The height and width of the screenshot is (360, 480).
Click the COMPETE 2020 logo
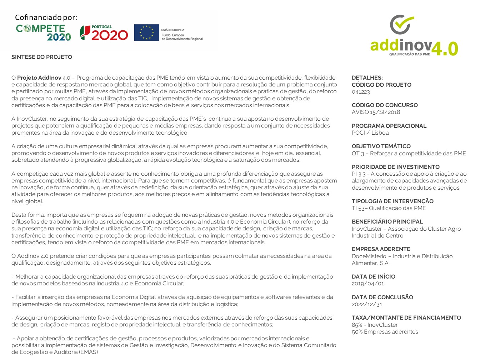pos(43,33)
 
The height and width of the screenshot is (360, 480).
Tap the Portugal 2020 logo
pos(104,33)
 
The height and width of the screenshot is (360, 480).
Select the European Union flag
pos(146,32)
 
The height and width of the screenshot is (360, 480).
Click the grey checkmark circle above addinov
pos(402,25)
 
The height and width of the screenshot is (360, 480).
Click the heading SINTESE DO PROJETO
pos(42,57)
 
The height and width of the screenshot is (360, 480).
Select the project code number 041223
pos(361,92)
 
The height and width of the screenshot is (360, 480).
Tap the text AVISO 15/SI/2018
pos(376,112)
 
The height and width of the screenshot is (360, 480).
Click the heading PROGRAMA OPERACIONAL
pos(389,126)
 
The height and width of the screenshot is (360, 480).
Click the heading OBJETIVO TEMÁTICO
pos(381,146)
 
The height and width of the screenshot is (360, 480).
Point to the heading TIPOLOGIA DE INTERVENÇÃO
pos(392,201)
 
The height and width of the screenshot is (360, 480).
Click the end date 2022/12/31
pos(367,305)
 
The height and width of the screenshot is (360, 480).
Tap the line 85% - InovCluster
pos(375,325)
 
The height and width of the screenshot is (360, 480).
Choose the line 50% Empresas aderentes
pos(385,332)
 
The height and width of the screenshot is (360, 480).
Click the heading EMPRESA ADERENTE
pos(381,249)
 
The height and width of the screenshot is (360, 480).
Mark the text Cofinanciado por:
pos(46,17)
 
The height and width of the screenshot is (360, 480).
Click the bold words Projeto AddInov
pos(39,78)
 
